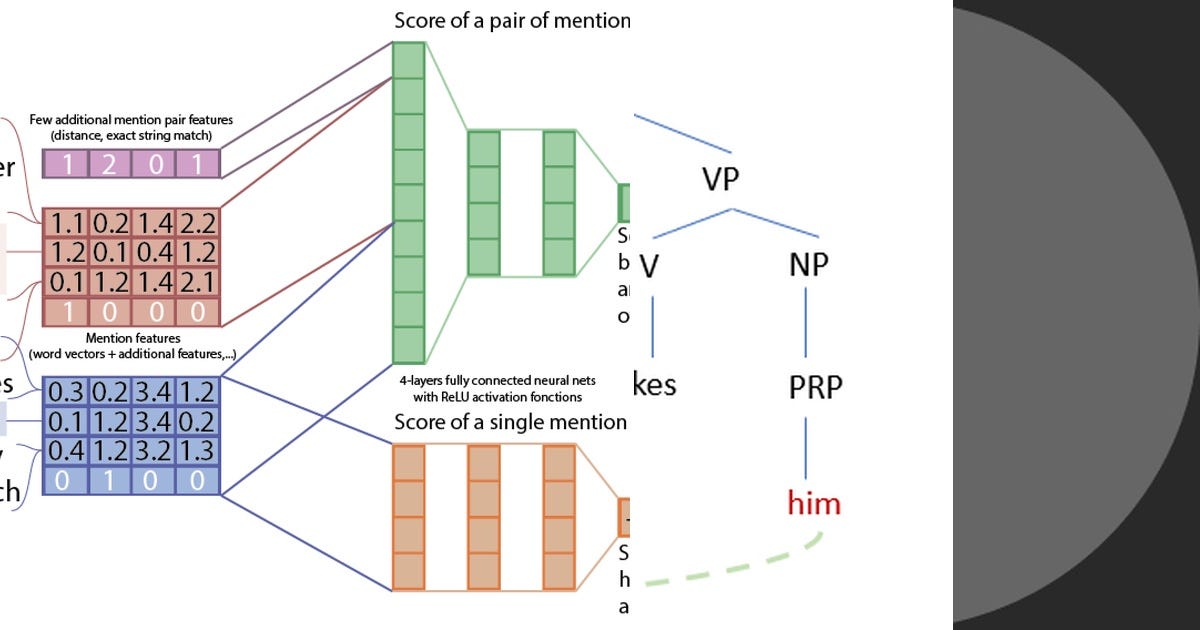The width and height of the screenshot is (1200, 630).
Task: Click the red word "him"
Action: pos(814,502)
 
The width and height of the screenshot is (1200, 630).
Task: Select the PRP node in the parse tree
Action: pos(814,386)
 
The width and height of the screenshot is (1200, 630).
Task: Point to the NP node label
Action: pos(808,264)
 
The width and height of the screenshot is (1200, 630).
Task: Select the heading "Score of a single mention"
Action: pos(510,422)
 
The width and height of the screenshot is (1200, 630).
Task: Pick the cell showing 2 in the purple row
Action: pos(109,163)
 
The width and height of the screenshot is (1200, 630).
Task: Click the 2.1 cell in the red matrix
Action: pos(197,281)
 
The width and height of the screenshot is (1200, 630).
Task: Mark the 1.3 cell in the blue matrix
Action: pos(197,450)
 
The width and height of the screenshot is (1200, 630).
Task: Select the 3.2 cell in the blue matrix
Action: pos(153,450)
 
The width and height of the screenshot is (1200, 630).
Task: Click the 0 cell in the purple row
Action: pos(153,163)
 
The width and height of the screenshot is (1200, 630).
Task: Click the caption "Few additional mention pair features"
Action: pos(130,120)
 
